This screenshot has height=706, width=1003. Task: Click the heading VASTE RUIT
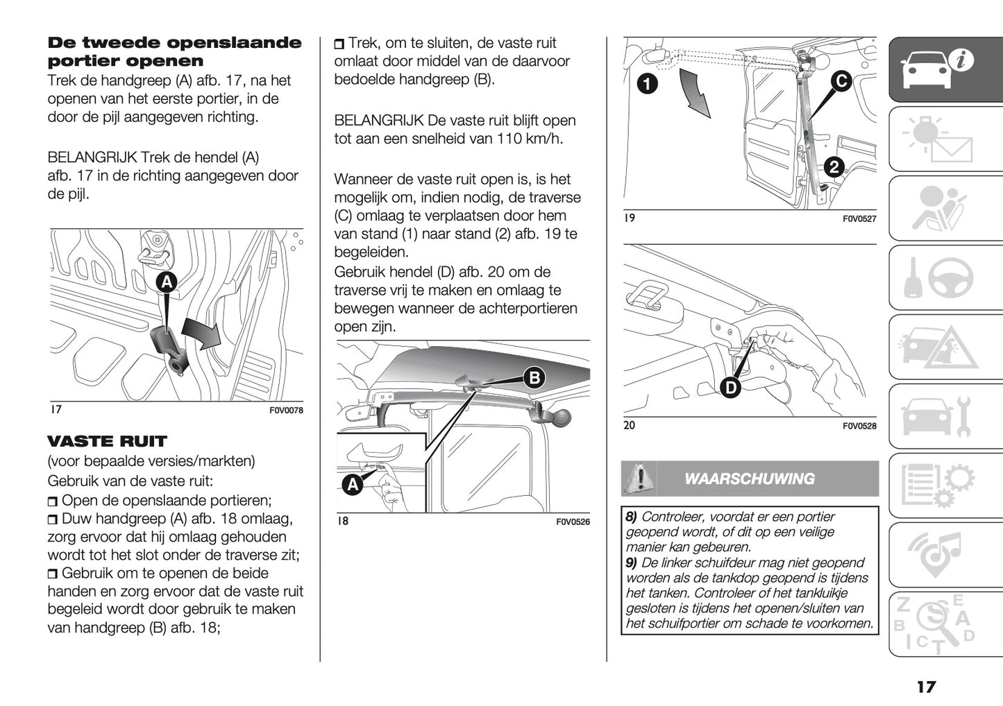107,441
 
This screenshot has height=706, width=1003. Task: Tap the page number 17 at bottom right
925,687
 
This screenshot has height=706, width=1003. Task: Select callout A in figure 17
167,282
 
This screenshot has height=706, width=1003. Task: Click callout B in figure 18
534,378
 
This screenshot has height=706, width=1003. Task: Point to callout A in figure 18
353,485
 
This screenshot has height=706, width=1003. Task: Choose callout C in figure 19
841,81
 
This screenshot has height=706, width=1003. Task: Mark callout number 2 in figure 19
834,166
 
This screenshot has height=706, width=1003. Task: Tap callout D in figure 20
730,388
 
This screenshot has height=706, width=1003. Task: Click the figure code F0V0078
286,411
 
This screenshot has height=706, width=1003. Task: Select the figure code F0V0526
573,522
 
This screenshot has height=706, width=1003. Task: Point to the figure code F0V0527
859,219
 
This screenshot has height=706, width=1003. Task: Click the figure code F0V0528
859,427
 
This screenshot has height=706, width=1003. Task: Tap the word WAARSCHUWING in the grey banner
749,479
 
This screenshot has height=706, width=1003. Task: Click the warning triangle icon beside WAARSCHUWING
638,479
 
